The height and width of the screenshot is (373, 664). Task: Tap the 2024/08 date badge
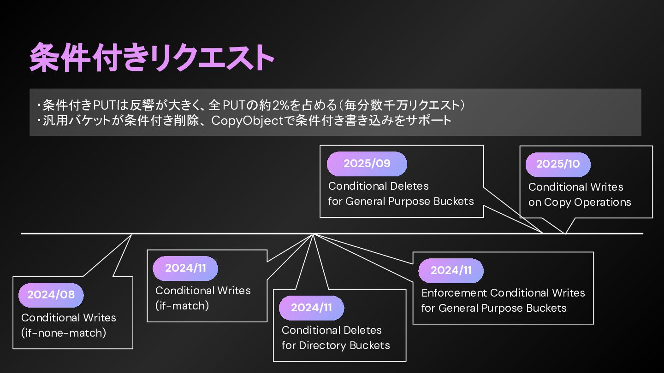(51, 295)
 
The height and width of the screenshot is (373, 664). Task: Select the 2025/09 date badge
(367, 163)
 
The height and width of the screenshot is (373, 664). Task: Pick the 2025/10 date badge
(557, 164)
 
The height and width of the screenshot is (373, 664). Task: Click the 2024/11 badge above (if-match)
(185, 268)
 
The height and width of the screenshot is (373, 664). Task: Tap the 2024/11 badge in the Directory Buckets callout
(311, 308)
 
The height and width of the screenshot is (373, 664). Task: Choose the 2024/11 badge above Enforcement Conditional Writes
(451, 270)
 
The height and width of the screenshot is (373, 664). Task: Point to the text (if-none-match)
(64, 333)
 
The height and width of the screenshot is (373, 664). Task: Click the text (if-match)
(182, 305)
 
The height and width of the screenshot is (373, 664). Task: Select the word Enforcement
(454, 293)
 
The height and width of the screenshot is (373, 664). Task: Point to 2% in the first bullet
(280, 105)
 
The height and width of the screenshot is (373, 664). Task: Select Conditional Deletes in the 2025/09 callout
(378, 186)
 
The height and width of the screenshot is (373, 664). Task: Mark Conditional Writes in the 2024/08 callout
(69, 318)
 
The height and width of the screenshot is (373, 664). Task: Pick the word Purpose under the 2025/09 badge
(413, 201)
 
